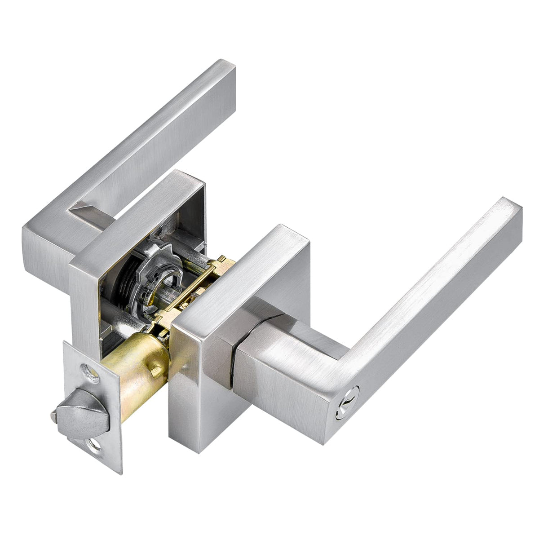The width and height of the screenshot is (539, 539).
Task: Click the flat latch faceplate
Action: pos(90,404)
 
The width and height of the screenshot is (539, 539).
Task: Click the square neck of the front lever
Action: pos(278,359)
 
